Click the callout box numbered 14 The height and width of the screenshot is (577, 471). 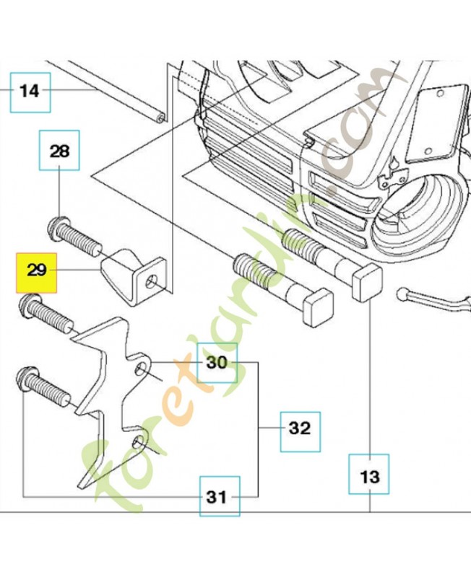(30, 91)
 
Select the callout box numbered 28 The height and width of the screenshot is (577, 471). (59, 151)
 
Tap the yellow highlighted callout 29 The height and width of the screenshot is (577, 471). (37, 271)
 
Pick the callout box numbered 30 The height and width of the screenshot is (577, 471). (217, 362)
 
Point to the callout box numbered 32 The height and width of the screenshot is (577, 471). (299, 428)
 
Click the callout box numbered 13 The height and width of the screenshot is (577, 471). (369, 475)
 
